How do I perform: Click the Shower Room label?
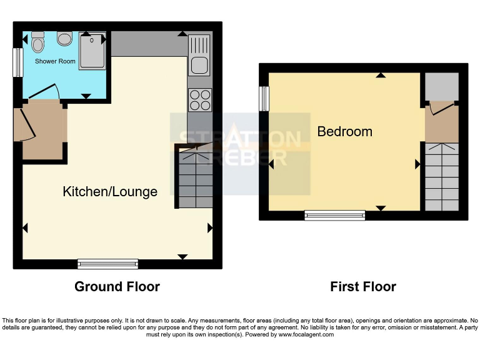point(55,61)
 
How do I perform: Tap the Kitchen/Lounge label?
point(110,192)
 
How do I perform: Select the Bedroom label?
point(344,132)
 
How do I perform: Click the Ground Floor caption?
point(117,287)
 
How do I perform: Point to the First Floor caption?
point(363,287)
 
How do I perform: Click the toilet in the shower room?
point(38,42)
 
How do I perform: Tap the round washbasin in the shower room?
point(65,39)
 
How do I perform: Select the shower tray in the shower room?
point(92,49)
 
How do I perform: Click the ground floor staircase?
point(196,177)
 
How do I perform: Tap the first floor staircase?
point(441,177)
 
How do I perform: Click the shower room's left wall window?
point(17,62)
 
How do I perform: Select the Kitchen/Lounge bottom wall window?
point(108,264)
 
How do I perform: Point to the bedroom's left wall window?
point(264,98)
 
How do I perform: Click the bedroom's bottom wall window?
point(335,215)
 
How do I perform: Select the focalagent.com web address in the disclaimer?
point(305,334)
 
